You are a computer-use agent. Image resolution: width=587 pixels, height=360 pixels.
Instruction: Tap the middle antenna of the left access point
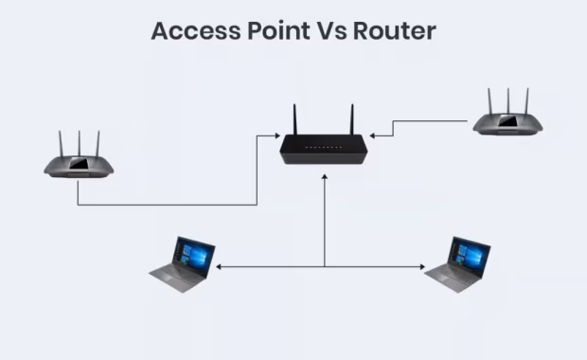[80, 143]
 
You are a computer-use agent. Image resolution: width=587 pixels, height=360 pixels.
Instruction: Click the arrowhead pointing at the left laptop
[220, 267]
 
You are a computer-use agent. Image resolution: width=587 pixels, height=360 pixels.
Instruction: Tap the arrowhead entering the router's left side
[275, 136]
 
